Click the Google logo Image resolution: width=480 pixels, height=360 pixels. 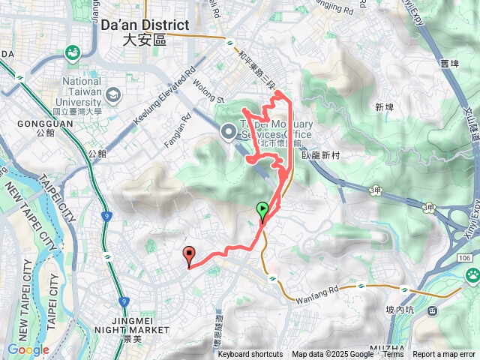pyautogui.click(x=28, y=349)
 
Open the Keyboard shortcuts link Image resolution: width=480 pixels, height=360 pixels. pyautogui.click(x=250, y=355)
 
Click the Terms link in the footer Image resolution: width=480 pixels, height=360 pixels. pyautogui.click(x=393, y=355)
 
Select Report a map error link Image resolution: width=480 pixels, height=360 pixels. pyautogui.click(x=445, y=355)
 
